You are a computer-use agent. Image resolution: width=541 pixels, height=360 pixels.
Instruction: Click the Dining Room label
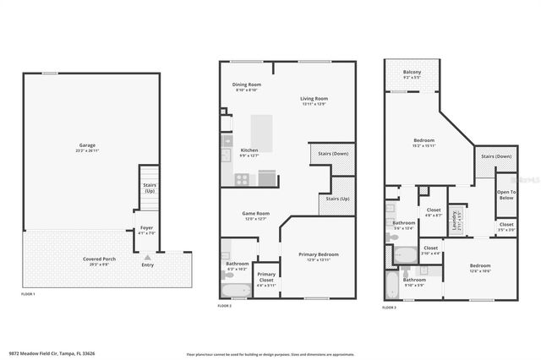tap(247, 85)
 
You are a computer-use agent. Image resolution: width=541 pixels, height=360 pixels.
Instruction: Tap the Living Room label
tap(314, 99)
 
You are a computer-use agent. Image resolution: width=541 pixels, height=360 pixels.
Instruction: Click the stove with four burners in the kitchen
tap(242, 178)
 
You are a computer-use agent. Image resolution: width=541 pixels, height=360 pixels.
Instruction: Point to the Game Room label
tap(254, 213)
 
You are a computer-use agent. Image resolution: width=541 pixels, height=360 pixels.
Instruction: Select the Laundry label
tap(456, 221)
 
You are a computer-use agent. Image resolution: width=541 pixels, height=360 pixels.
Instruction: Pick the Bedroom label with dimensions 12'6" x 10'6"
tap(480, 266)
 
